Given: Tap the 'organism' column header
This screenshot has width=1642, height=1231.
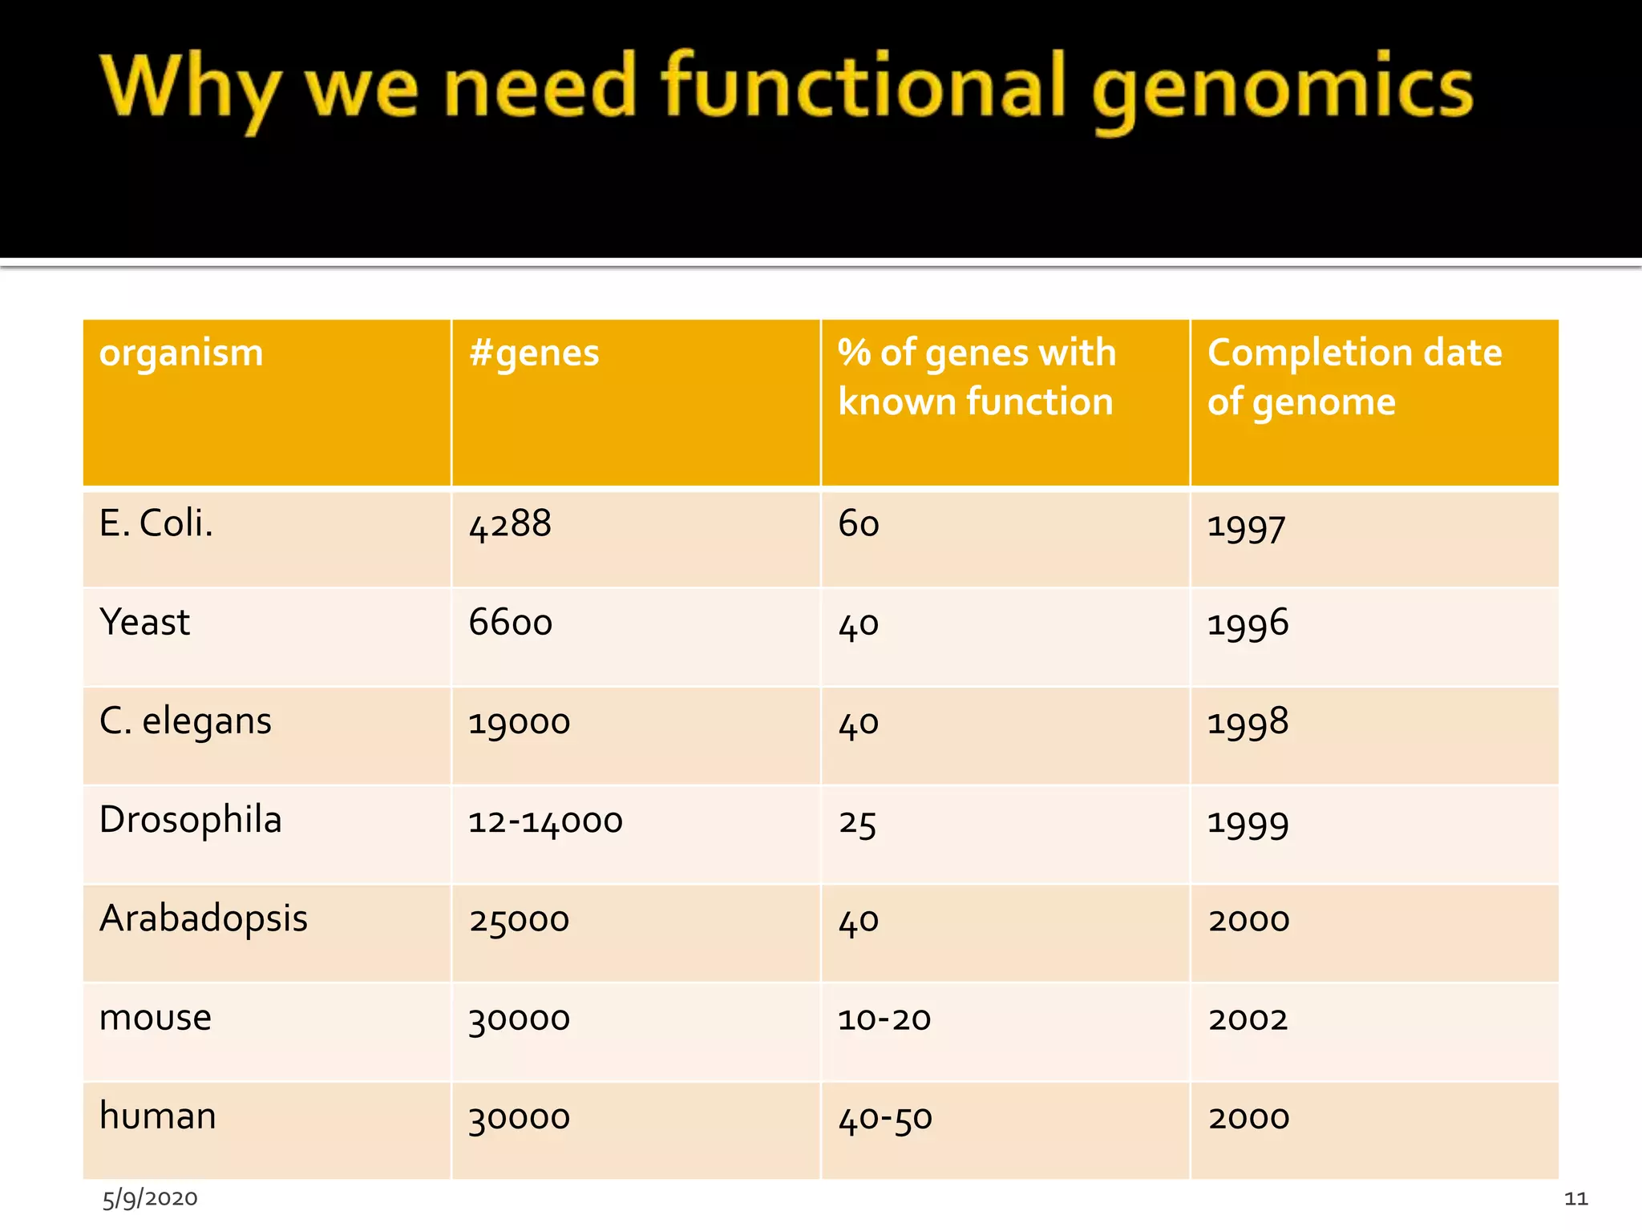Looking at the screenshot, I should [181, 353].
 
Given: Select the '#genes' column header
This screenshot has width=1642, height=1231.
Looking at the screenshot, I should [534, 353].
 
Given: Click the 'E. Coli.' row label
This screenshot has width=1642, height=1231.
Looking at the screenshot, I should [156, 523].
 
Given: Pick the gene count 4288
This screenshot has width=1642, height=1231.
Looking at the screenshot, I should [510, 525].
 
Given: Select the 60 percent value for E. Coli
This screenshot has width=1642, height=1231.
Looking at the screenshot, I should [859, 524].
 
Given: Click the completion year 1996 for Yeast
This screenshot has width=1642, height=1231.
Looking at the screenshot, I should [1248, 624].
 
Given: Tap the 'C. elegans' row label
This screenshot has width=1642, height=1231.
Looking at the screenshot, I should [185, 721].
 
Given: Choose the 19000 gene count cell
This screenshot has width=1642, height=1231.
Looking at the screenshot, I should [519, 723].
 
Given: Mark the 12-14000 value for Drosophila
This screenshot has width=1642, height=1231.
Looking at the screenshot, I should [545, 821].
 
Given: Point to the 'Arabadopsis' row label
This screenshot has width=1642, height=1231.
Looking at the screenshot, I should [204, 918].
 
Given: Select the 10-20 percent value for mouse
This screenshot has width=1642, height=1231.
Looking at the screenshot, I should [884, 1019].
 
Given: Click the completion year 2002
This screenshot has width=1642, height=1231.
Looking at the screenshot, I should [1248, 1019].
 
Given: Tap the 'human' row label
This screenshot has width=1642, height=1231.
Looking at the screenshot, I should [158, 1116].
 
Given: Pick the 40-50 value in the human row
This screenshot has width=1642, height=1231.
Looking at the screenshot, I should [885, 1118].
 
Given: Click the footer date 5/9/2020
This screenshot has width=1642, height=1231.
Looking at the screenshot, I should [150, 1198].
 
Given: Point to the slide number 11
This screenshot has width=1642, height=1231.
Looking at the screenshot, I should [1575, 1199].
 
